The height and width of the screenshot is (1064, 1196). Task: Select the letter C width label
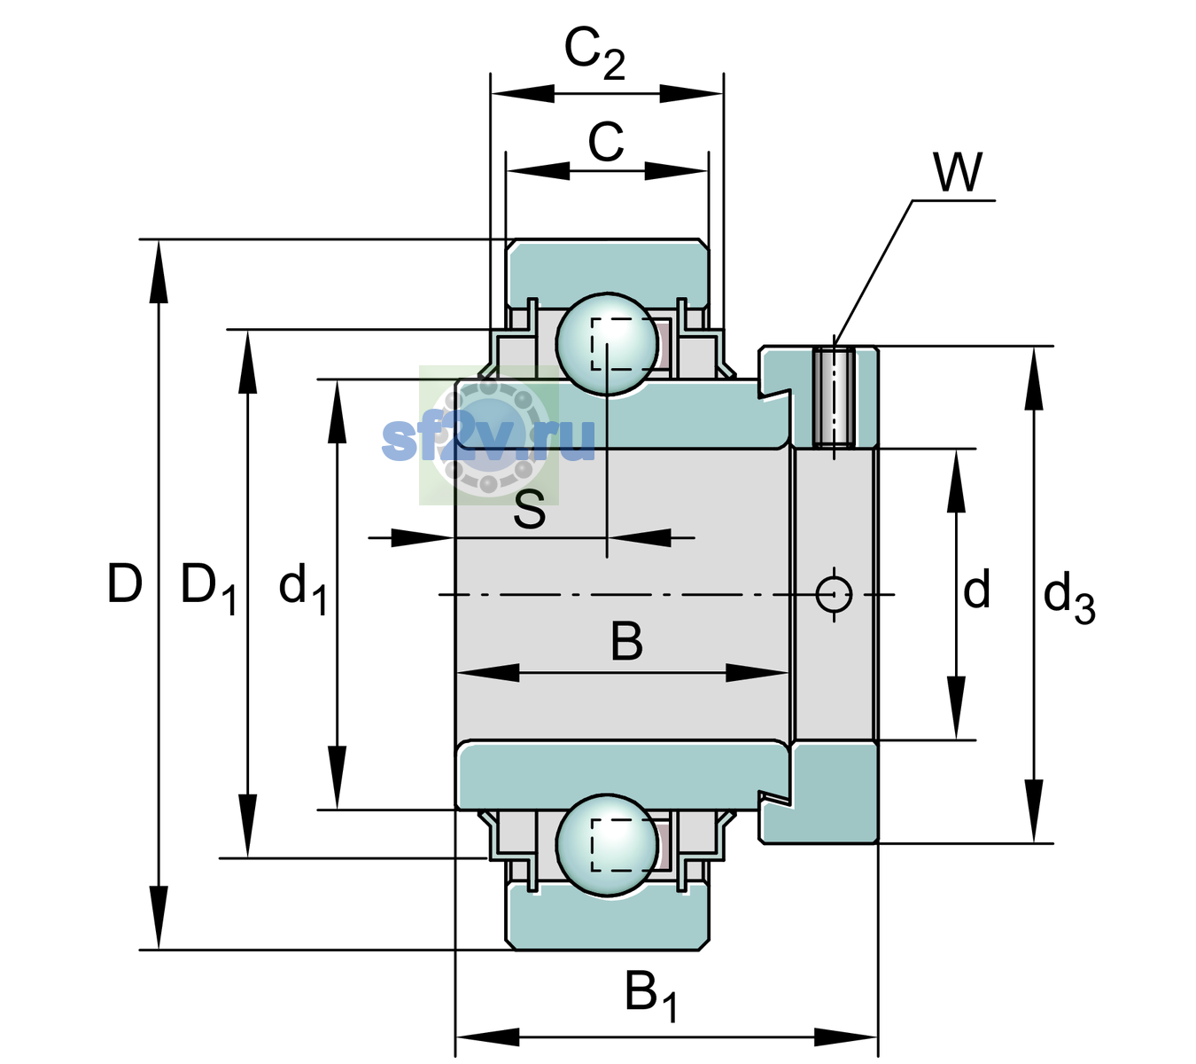(x=606, y=142)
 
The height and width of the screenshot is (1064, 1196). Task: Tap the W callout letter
(x=958, y=172)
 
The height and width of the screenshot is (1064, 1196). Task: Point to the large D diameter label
(x=125, y=583)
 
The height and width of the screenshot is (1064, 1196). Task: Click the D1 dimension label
(x=208, y=588)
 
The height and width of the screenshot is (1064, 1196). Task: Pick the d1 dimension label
(x=303, y=588)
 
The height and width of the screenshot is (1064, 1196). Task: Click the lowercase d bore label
(x=976, y=589)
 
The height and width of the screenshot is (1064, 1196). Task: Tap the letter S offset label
(x=530, y=509)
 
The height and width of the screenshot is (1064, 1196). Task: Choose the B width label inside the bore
(x=626, y=642)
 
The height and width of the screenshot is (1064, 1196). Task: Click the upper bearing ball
(x=607, y=344)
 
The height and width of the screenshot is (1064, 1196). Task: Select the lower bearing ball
(x=607, y=845)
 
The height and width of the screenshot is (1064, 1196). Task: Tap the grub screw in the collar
(x=834, y=397)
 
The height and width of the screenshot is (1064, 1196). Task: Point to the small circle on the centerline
(x=834, y=594)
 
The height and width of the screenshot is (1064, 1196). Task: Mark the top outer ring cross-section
(x=608, y=273)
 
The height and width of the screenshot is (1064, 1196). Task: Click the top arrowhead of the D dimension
(x=159, y=271)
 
